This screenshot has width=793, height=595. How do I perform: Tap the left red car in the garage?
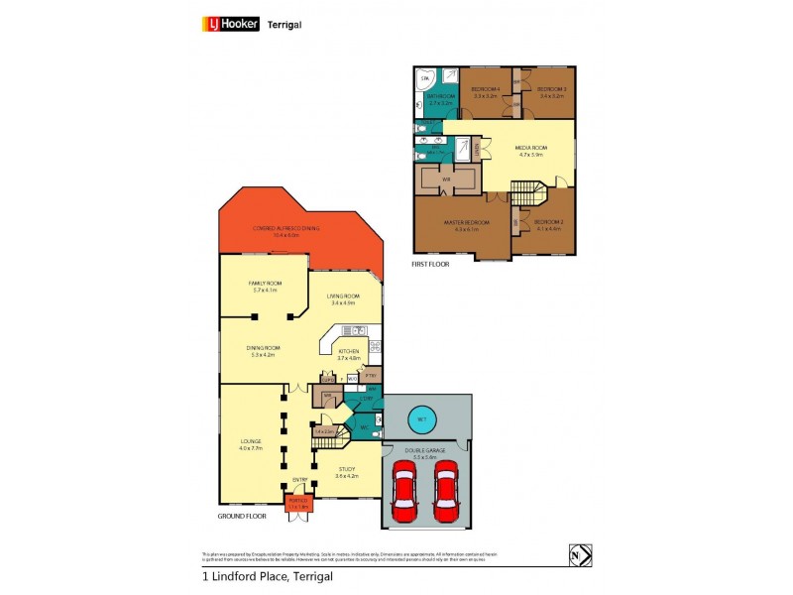coord(405,491)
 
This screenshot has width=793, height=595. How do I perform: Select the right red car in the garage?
coord(446,491)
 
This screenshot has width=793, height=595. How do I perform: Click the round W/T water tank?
coord(422,417)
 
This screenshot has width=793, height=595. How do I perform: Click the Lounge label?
coord(251,444)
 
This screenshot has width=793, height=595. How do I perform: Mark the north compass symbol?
coord(580,554)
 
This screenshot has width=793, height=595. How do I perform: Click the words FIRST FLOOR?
coord(431,266)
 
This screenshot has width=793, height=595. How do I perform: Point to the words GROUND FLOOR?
coord(241,517)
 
